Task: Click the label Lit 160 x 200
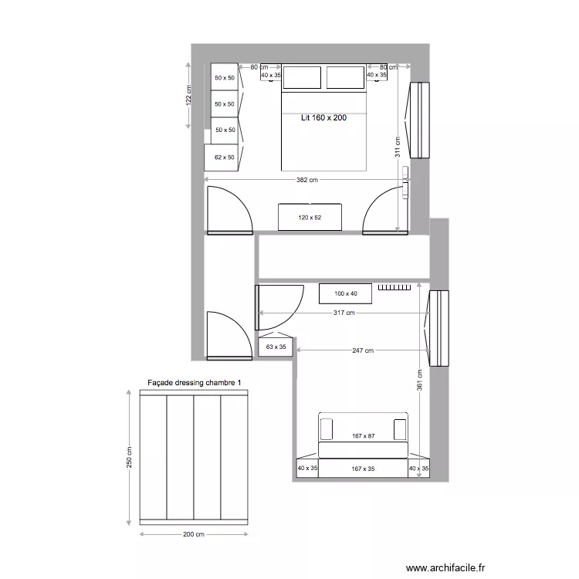pos(323,118)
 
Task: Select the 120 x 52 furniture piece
pos(309,217)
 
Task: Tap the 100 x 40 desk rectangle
pos(346,293)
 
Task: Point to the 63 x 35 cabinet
pos(276,347)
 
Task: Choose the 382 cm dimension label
pos(306,181)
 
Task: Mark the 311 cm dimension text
pos(398,147)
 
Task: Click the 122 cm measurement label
pos(188,94)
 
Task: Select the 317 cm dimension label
pos(344,313)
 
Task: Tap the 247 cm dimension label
pos(363,350)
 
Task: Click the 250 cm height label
pos(130,457)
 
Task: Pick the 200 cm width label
pos(194,534)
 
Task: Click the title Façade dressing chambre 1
pos(195,383)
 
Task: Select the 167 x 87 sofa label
pos(362,436)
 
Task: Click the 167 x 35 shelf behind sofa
pos(362,469)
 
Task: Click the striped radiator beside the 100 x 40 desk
pos(394,287)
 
